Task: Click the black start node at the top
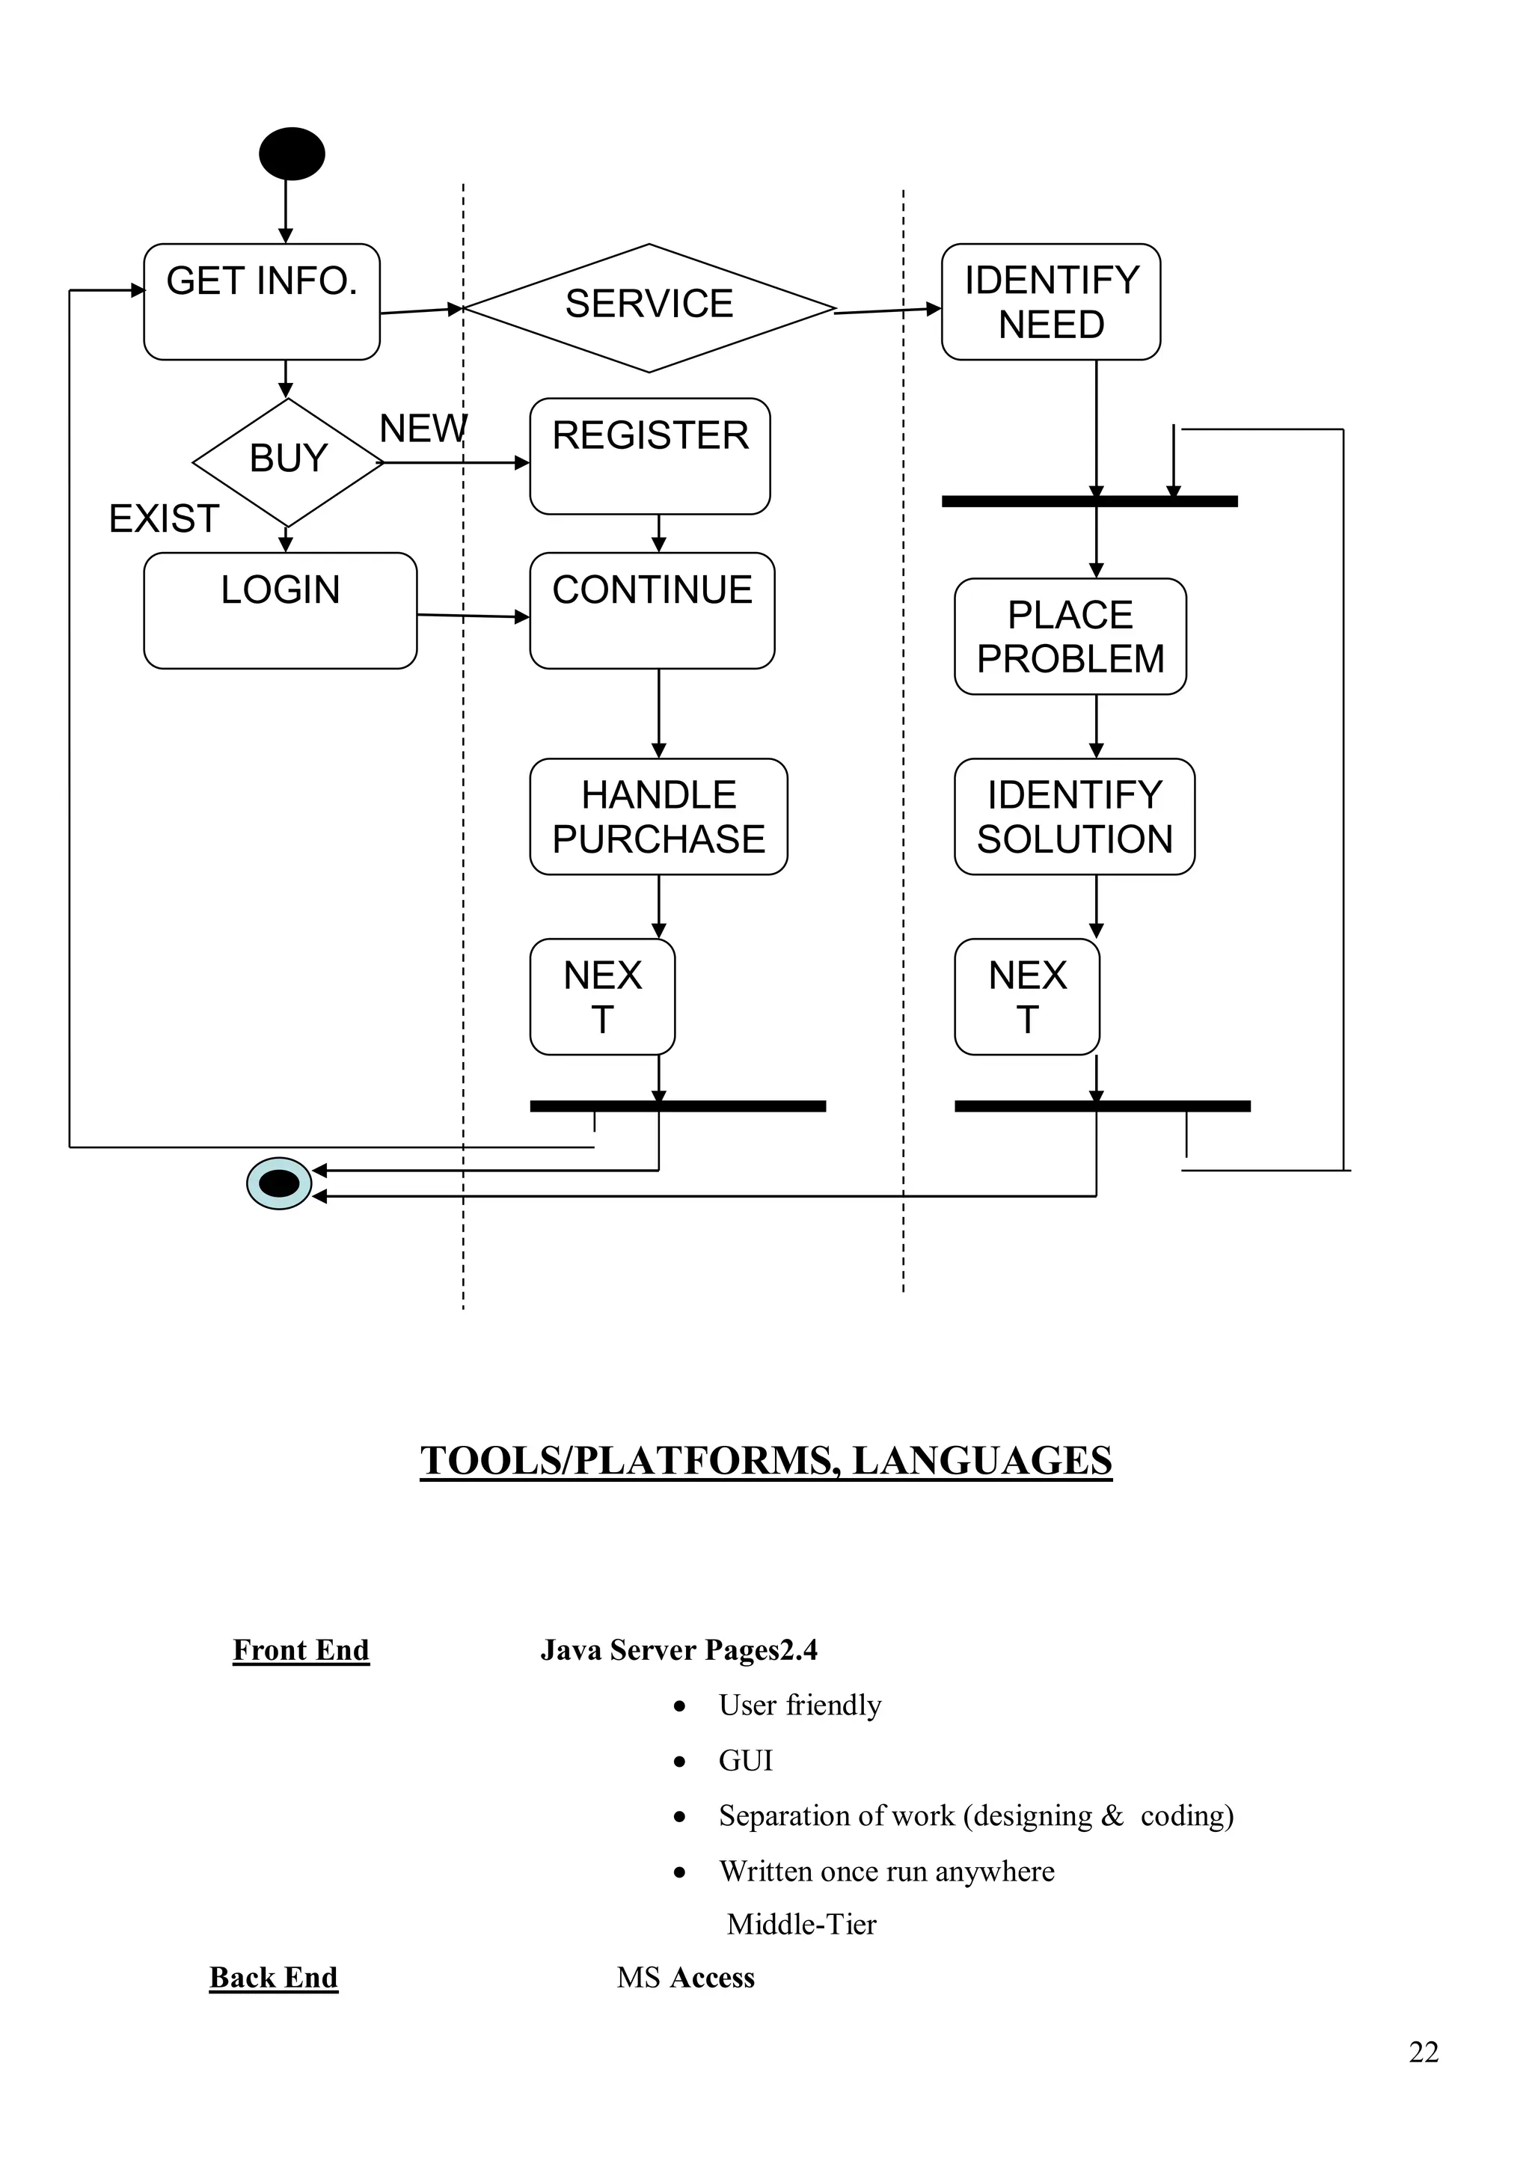click(292, 154)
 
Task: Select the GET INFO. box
click(262, 301)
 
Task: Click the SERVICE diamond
click(649, 307)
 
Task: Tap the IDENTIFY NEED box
click(1050, 302)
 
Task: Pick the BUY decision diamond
click(288, 462)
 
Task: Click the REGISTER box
click(649, 456)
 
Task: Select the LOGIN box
click(280, 610)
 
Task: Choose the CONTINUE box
click(652, 610)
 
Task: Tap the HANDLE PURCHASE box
click(658, 816)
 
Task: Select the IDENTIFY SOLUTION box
click(1074, 816)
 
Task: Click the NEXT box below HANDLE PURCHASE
click(602, 996)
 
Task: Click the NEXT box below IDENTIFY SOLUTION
click(1027, 996)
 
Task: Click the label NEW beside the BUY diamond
click(423, 429)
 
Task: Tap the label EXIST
click(165, 519)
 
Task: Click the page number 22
click(1424, 2051)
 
